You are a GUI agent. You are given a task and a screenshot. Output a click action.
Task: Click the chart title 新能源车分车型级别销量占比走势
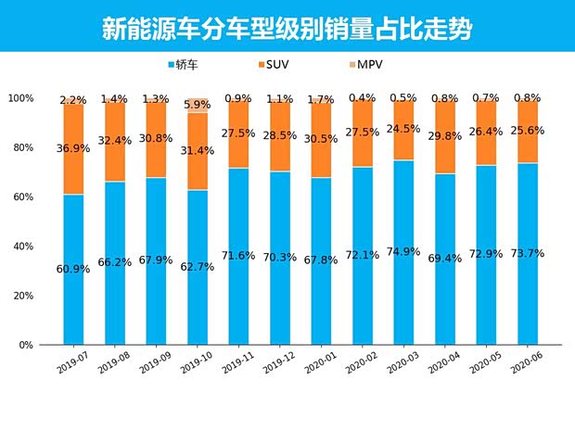287,29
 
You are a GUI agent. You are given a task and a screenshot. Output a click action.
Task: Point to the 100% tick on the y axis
20,98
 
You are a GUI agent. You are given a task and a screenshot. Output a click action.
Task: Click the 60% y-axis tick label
22,197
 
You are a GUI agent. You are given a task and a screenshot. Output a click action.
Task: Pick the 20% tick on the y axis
22,296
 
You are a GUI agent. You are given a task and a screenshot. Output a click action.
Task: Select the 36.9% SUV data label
74,148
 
